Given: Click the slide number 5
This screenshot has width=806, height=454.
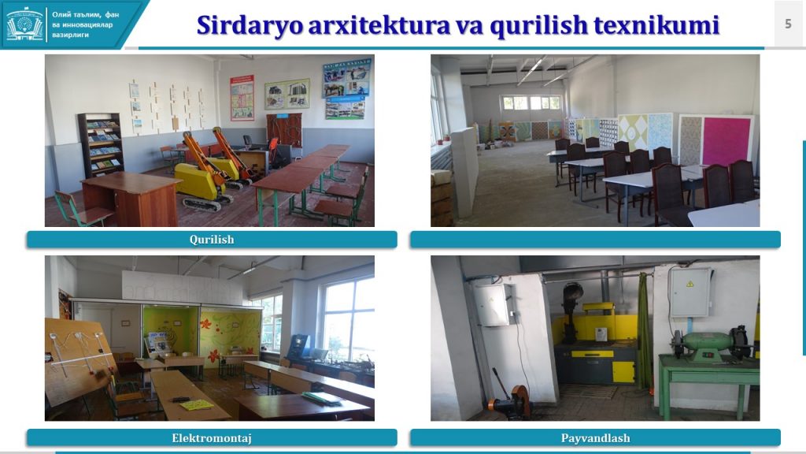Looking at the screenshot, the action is (788, 24).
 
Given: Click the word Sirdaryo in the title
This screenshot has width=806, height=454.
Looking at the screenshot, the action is (250, 25).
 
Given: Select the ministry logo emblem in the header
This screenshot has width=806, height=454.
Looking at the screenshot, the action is (24, 24).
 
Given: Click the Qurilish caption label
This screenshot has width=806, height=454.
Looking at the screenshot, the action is (212, 240).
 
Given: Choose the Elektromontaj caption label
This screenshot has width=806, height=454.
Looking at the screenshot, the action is (212, 438).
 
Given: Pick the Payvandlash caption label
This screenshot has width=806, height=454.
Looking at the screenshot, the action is (595, 438).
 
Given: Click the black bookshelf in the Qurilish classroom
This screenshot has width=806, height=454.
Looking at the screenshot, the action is (101, 145).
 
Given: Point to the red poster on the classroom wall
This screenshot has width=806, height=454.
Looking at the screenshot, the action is (242, 98).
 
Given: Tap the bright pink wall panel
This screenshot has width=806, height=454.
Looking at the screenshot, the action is (727, 141).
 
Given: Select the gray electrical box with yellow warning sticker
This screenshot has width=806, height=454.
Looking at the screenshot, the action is (690, 292).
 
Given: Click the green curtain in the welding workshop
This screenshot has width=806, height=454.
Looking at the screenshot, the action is (643, 331).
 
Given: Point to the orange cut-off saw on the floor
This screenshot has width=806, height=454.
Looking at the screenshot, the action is (510, 398).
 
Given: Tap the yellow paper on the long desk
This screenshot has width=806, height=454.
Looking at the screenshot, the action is (196, 405).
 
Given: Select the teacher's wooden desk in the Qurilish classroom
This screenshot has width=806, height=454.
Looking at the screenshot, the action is (130, 199).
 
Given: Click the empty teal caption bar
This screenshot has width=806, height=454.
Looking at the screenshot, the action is (595, 240).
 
